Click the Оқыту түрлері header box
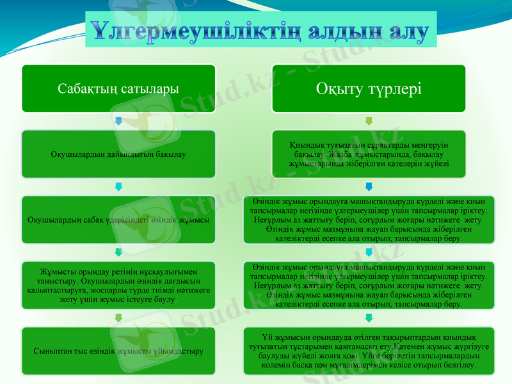pos(369,88)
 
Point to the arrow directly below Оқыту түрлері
pos(369,121)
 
